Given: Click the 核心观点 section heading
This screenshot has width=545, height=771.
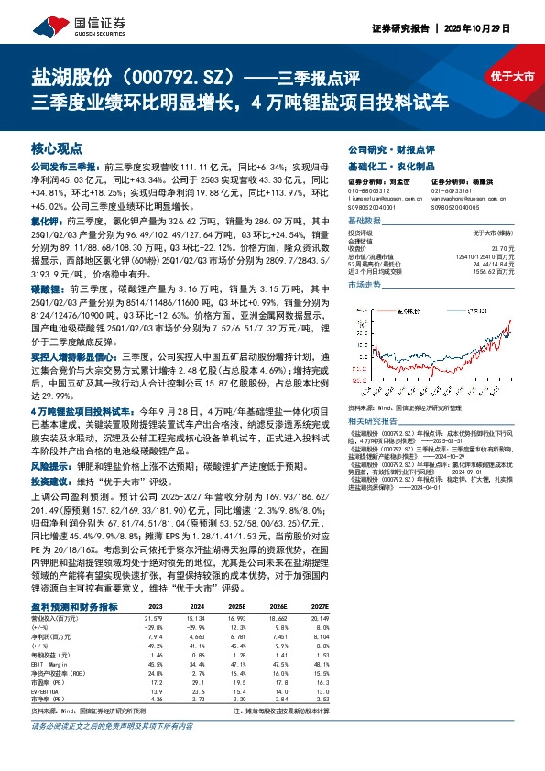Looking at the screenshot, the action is click(57, 148).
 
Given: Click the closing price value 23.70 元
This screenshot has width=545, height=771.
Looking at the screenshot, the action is click(503, 247).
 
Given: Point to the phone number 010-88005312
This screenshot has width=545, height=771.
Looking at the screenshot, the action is click(368, 189).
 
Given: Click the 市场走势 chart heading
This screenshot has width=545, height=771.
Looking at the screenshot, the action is click(366, 285).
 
